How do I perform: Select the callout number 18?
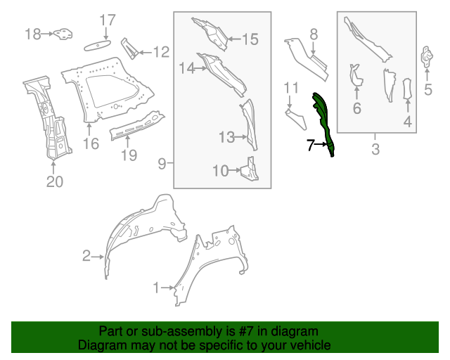click(33, 33)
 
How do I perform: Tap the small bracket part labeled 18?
click(64, 33)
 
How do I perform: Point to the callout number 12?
click(161, 51)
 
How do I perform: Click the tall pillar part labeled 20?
click(49, 120)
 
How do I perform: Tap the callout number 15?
click(250, 39)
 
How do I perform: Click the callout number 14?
click(186, 68)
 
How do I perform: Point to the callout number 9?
click(161, 164)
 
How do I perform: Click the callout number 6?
click(356, 108)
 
